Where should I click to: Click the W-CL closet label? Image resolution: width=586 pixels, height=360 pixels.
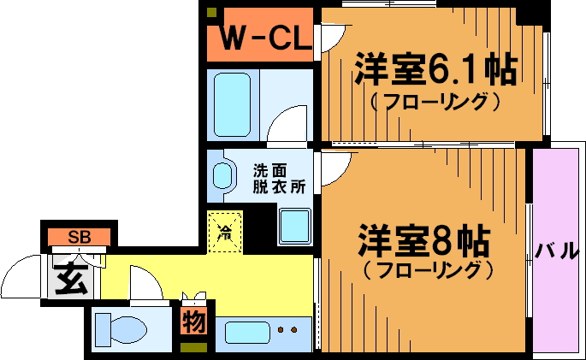260,37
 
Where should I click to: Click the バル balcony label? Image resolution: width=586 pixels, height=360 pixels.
557,251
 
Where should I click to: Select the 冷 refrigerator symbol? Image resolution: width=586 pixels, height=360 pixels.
225,230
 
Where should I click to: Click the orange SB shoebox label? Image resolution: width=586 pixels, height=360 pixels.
79,237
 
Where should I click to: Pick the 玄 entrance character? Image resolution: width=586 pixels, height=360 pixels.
71,278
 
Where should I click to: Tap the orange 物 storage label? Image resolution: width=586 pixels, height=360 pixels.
192,323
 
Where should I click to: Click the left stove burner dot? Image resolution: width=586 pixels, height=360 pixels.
283,330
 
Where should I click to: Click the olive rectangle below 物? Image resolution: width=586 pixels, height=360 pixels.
192,347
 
